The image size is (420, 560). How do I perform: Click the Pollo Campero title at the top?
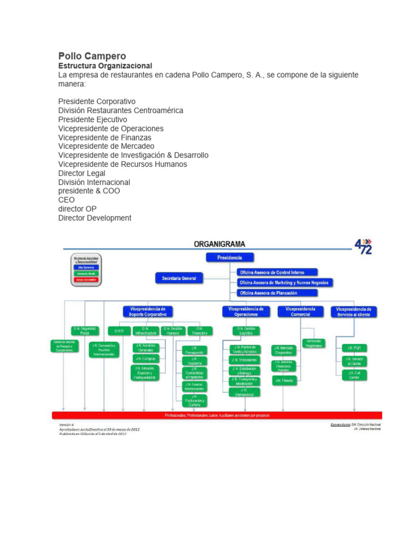point(92,56)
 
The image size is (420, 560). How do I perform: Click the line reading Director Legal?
point(82,173)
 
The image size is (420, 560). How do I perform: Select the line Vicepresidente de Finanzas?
point(105,137)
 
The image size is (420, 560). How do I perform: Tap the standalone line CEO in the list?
point(67,200)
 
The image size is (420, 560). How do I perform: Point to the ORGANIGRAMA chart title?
point(220,244)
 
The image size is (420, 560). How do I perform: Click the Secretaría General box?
point(179,278)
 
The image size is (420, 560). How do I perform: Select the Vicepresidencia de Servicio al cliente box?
point(354,311)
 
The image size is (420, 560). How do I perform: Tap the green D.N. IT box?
point(119,331)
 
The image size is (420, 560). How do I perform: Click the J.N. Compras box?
point(145,358)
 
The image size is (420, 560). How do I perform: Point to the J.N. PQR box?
point(354,347)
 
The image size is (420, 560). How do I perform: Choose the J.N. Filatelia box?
point(284,380)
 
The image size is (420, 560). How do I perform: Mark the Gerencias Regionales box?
point(314,343)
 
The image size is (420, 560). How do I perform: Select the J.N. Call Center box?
point(354,375)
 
